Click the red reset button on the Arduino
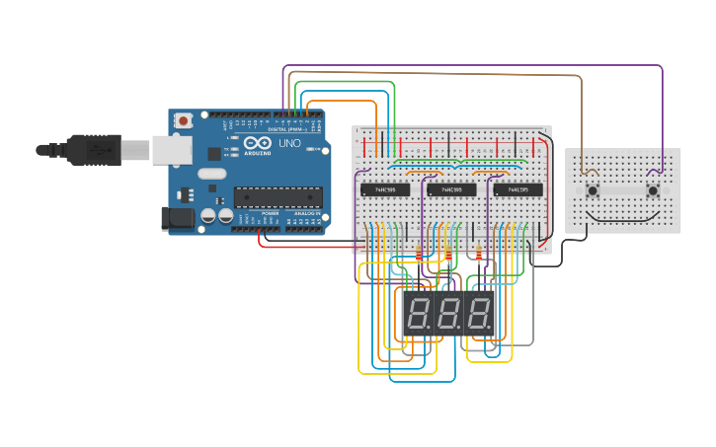click(x=183, y=120)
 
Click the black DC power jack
click(x=178, y=218)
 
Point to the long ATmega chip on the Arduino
click(x=278, y=197)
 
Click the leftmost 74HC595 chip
click(x=385, y=189)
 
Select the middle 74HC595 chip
click(x=451, y=189)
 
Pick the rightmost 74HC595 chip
click(x=517, y=189)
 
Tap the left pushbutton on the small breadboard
click(x=592, y=189)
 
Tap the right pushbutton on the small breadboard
click(x=653, y=189)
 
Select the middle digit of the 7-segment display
click(x=448, y=315)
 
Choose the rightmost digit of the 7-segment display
click(x=478, y=315)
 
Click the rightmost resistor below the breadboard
click(x=480, y=254)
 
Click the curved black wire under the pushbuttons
click(x=622, y=216)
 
